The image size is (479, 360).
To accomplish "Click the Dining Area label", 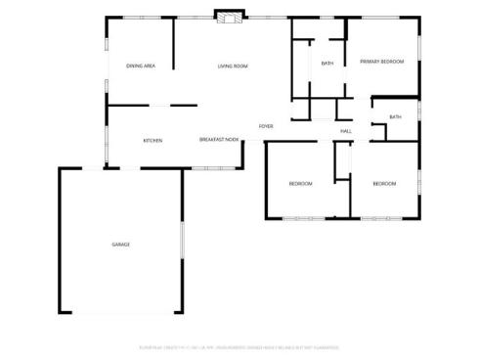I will click(x=142, y=66).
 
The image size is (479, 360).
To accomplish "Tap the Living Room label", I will click(x=233, y=66).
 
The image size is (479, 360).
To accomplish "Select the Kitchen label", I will click(x=152, y=141).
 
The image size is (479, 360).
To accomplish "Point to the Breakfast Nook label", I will click(x=220, y=140).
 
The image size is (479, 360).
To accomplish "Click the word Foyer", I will click(x=266, y=127).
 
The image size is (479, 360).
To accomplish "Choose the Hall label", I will click(x=346, y=131).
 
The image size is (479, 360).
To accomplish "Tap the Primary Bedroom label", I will click(x=382, y=62).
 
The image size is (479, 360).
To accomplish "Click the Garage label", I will click(x=120, y=245).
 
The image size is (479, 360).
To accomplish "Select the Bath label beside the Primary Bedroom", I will click(x=327, y=64).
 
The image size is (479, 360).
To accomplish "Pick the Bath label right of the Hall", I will click(x=395, y=117).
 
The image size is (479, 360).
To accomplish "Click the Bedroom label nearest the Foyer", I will click(x=300, y=184).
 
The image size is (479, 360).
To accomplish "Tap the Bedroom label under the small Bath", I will click(x=384, y=184).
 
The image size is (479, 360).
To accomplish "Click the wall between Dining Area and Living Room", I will click(x=174, y=44).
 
